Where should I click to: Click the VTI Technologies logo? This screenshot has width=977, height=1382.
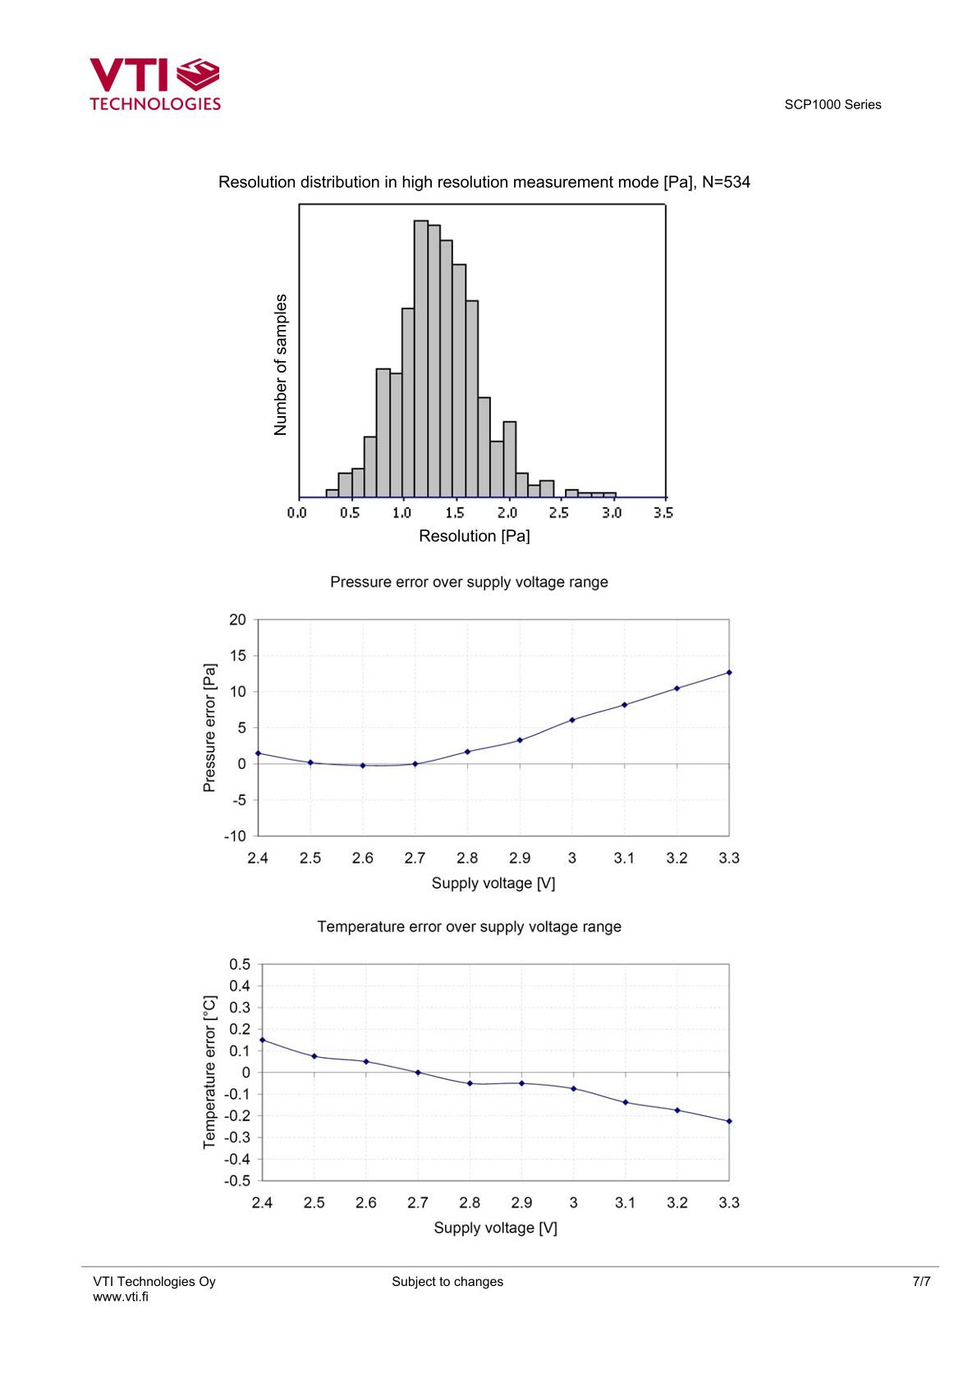pyautogui.click(x=154, y=84)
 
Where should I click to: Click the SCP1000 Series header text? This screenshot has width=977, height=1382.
pyautogui.click(x=833, y=105)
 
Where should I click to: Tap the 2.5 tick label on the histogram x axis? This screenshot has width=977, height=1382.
pyautogui.click(x=558, y=513)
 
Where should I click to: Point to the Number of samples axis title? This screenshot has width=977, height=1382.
pyautogui.click(x=281, y=364)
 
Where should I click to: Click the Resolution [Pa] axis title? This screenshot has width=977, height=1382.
pyautogui.click(x=474, y=536)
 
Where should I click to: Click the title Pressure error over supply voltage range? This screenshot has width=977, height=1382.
pyautogui.click(x=469, y=582)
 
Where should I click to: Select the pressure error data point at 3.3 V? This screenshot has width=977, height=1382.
pyautogui.click(x=729, y=672)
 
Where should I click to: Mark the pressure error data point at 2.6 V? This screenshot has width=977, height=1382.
pyautogui.click(x=363, y=766)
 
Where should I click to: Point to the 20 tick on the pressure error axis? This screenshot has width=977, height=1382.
pyautogui.click(x=237, y=620)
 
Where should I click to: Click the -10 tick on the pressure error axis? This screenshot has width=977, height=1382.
pyautogui.click(x=235, y=836)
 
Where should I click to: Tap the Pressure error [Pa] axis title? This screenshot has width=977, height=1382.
pyautogui.click(x=209, y=728)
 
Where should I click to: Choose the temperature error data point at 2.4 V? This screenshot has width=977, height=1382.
pyautogui.click(x=263, y=1040)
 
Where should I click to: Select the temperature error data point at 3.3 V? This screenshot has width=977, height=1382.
pyautogui.click(x=729, y=1121)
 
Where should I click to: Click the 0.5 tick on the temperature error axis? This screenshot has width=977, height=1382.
pyautogui.click(x=240, y=964)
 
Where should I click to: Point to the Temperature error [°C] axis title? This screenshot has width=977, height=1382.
pyautogui.click(x=209, y=1072)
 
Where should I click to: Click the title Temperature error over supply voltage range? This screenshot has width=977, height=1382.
pyautogui.click(x=469, y=927)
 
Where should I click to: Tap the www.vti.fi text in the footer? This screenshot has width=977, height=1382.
pyautogui.click(x=121, y=1297)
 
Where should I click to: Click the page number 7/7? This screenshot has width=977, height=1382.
pyautogui.click(x=921, y=1282)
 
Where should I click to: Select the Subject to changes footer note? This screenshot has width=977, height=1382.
pyautogui.click(x=447, y=1282)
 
